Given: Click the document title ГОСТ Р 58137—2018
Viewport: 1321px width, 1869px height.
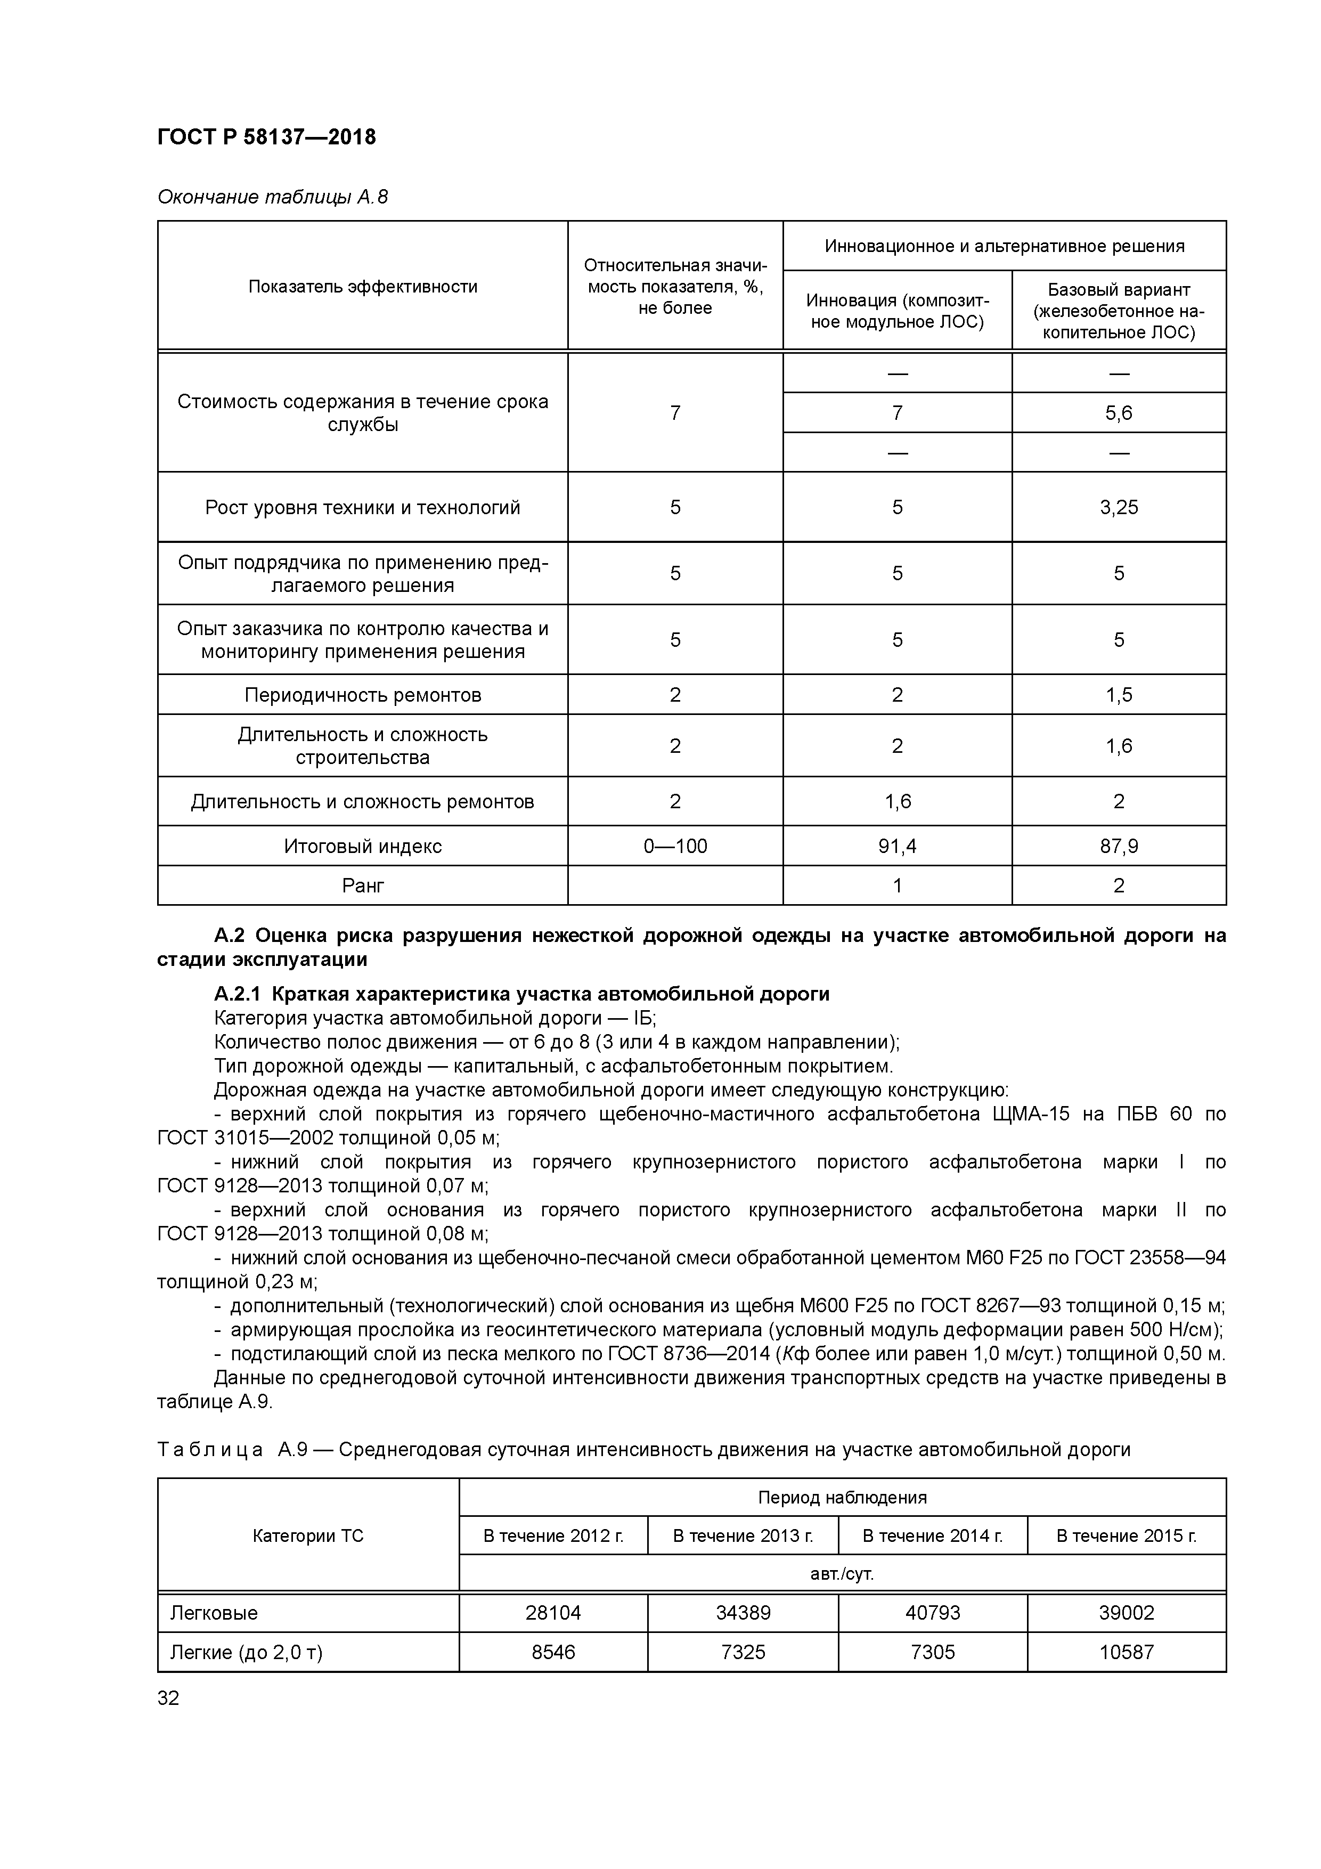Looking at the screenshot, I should pyautogui.click(x=266, y=137).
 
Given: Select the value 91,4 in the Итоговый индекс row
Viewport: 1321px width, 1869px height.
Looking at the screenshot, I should pyautogui.click(x=897, y=846).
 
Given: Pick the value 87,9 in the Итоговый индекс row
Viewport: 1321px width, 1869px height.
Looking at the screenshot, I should pyautogui.click(x=1119, y=846).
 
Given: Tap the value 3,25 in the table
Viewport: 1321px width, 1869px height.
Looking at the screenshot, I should pyautogui.click(x=1119, y=507).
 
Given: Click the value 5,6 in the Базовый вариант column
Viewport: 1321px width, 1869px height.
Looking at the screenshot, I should pyautogui.click(x=1119, y=413).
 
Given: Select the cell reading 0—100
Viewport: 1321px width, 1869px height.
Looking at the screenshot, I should pyautogui.click(x=675, y=846).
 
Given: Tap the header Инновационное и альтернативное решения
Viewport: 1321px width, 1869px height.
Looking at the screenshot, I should pyautogui.click(x=1005, y=246).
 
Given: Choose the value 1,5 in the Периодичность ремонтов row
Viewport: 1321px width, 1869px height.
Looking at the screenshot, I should pyautogui.click(x=1119, y=694).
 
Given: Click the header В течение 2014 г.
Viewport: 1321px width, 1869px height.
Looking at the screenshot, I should pyautogui.click(x=932, y=1535).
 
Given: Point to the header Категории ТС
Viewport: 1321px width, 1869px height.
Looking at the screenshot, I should pyautogui.click(x=308, y=1535).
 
